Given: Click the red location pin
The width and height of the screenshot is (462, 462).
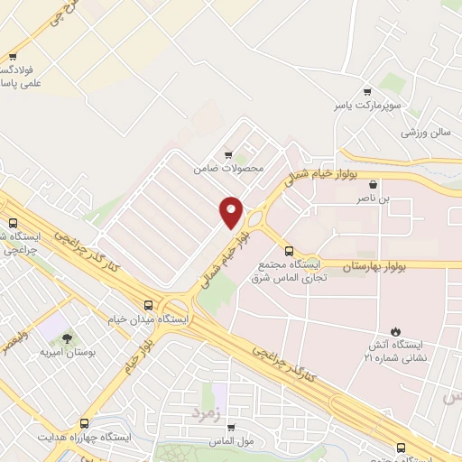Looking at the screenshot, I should point(231,210).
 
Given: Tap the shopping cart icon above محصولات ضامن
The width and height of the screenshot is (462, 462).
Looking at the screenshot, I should point(228,154).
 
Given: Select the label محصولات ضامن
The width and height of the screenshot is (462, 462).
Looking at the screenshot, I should point(228,168).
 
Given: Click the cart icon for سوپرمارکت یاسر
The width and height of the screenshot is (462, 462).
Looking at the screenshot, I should point(367,92).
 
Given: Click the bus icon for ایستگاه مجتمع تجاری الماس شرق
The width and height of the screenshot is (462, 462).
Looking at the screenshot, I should point(289,252).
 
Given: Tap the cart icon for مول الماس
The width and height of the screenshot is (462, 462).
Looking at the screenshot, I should point(231,427).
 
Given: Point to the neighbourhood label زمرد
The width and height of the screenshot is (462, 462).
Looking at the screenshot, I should point(205,412).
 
